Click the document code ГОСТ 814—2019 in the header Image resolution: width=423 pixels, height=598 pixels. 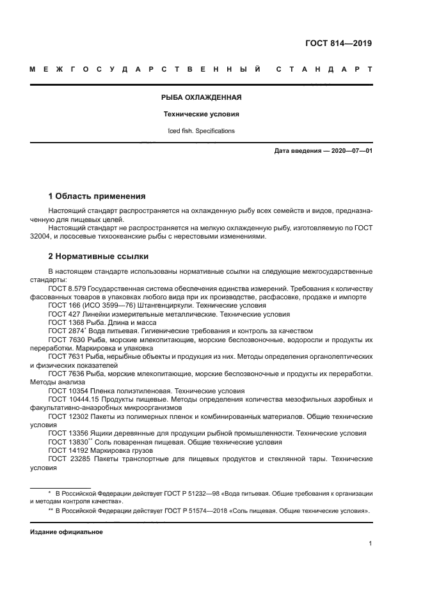(339, 44)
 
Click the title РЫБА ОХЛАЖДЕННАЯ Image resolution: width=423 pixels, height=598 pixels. (200, 98)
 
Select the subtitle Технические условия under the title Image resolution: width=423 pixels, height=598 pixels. (200, 114)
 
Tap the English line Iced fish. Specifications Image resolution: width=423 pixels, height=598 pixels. (200, 131)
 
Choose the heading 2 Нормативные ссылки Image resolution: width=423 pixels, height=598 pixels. (99, 256)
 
